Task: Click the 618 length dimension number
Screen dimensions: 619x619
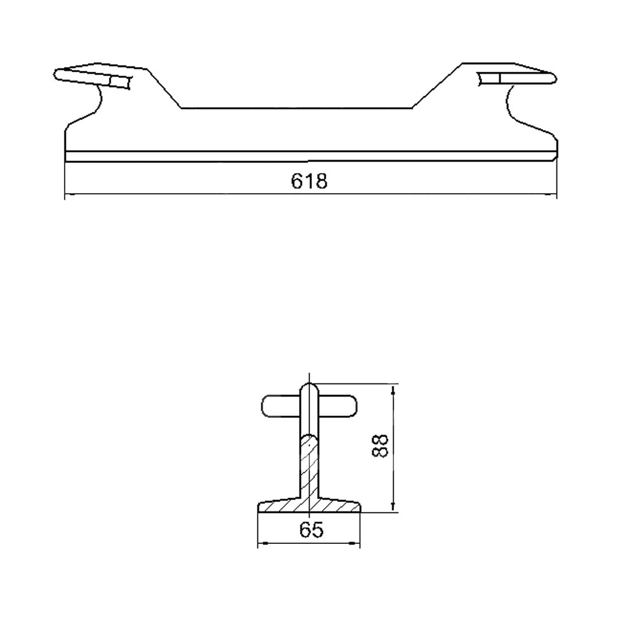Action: pyautogui.click(x=309, y=182)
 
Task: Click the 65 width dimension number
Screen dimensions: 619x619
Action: pyautogui.click(x=311, y=530)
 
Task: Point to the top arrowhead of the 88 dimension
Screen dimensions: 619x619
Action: pyautogui.click(x=393, y=390)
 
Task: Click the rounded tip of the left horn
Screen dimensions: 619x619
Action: pyautogui.click(x=56, y=75)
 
